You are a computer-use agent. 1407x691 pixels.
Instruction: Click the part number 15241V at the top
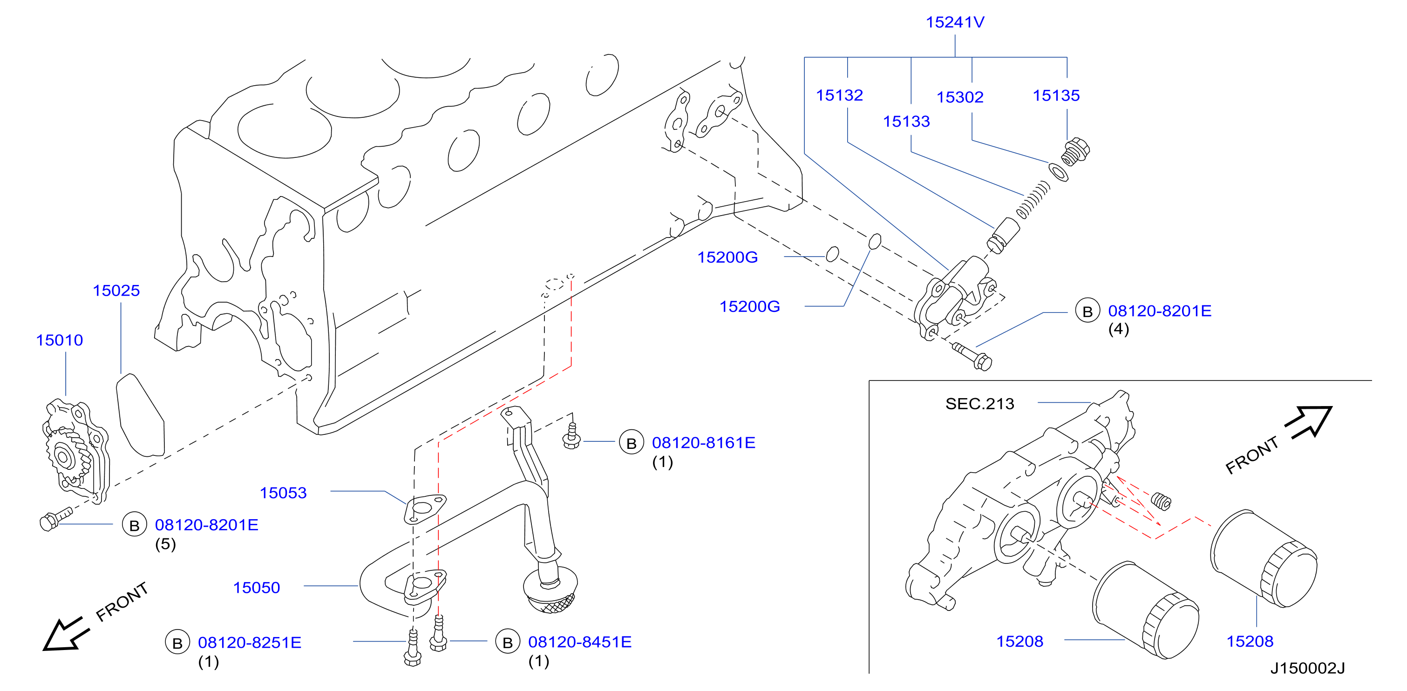click(x=955, y=22)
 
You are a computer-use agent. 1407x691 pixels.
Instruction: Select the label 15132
click(x=839, y=95)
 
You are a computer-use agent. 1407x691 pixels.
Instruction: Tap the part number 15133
click(x=906, y=121)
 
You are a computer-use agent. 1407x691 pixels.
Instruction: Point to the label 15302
click(x=960, y=97)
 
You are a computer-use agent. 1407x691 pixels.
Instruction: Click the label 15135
click(x=1056, y=95)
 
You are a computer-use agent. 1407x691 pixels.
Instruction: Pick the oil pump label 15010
click(x=60, y=340)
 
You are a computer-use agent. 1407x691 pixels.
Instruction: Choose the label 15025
click(x=116, y=290)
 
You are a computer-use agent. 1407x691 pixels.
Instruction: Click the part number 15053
click(x=283, y=493)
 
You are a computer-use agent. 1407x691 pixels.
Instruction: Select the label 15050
click(x=256, y=587)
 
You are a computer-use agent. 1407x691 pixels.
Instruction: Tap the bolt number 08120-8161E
click(x=703, y=442)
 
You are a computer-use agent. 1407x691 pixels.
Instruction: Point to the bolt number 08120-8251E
click(x=250, y=643)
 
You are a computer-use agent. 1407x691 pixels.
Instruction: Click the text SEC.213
click(x=979, y=404)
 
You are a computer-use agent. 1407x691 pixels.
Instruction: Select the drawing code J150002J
click(x=1307, y=668)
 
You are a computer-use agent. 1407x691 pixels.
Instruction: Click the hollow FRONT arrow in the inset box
click(x=1308, y=422)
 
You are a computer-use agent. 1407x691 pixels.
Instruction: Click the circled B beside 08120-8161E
click(x=632, y=443)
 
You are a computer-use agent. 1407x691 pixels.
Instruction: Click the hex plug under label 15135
click(x=1075, y=151)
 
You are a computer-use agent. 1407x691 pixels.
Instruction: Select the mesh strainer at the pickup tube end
click(x=551, y=591)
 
